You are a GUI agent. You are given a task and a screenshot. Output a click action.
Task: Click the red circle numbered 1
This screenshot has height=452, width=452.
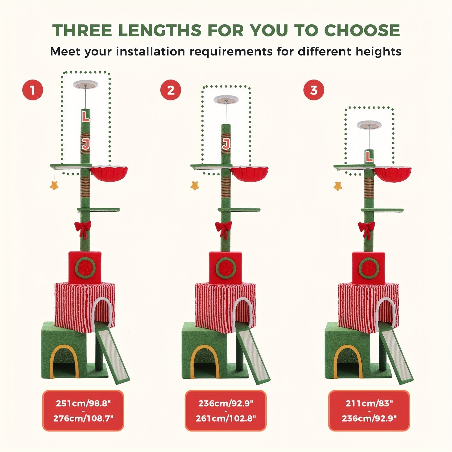[x=33, y=90]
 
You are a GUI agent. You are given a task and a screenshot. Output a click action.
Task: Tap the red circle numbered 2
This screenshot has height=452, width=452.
[x=171, y=90]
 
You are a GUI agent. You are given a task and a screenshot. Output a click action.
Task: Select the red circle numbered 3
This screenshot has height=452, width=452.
[x=314, y=90]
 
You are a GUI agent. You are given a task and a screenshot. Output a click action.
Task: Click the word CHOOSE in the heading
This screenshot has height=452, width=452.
[x=362, y=30]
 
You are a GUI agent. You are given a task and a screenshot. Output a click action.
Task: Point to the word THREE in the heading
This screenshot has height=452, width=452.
[x=82, y=30]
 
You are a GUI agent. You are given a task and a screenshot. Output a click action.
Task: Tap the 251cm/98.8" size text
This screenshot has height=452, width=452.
[x=83, y=403]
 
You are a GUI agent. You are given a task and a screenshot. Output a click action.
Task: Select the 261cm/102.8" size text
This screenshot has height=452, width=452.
[x=226, y=418]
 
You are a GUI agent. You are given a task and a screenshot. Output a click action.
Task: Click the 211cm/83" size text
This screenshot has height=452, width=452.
[x=369, y=403]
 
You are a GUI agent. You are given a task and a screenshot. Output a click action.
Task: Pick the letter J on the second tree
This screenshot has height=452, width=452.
[x=226, y=144]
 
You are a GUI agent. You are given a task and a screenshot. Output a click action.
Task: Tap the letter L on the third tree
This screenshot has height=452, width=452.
[x=369, y=156]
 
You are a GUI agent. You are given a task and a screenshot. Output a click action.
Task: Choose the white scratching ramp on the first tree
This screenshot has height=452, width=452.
[x=113, y=357]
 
